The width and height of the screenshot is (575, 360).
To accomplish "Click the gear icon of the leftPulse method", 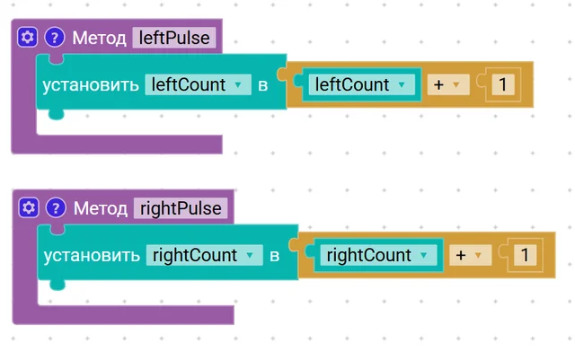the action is [x=28, y=37].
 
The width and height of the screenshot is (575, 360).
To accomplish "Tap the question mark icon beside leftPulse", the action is [x=55, y=37].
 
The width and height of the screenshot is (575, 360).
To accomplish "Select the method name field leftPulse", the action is [x=174, y=38].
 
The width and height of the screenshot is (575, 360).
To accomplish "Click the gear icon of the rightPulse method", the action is [x=29, y=208].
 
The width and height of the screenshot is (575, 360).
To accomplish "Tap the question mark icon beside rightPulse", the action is [x=56, y=208].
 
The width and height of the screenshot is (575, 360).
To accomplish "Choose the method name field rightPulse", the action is [x=181, y=208].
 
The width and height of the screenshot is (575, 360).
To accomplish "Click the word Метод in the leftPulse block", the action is [x=100, y=38].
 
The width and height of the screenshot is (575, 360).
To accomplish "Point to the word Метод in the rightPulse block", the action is [x=101, y=208].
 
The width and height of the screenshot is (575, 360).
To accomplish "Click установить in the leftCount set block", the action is [x=91, y=85].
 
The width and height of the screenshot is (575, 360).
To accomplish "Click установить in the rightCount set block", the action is [x=92, y=256].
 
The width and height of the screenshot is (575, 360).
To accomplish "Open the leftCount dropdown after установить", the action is [x=198, y=84].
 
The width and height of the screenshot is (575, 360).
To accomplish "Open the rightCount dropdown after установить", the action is [x=204, y=255].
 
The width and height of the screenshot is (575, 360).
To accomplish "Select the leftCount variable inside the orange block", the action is [x=361, y=84].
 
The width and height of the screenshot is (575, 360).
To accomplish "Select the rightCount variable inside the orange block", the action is [x=378, y=255].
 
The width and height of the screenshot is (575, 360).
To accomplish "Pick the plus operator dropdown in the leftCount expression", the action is [x=448, y=84].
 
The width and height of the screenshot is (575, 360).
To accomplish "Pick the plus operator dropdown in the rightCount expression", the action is [x=471, y=255].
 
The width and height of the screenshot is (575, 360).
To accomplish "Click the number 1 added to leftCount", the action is [x=503, y=84].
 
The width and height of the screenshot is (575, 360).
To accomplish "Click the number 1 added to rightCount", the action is [x=525, y=255].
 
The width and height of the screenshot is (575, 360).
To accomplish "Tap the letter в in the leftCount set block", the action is [x=263, y=85].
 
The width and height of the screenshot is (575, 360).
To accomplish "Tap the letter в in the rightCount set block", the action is [x=275, y=256].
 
